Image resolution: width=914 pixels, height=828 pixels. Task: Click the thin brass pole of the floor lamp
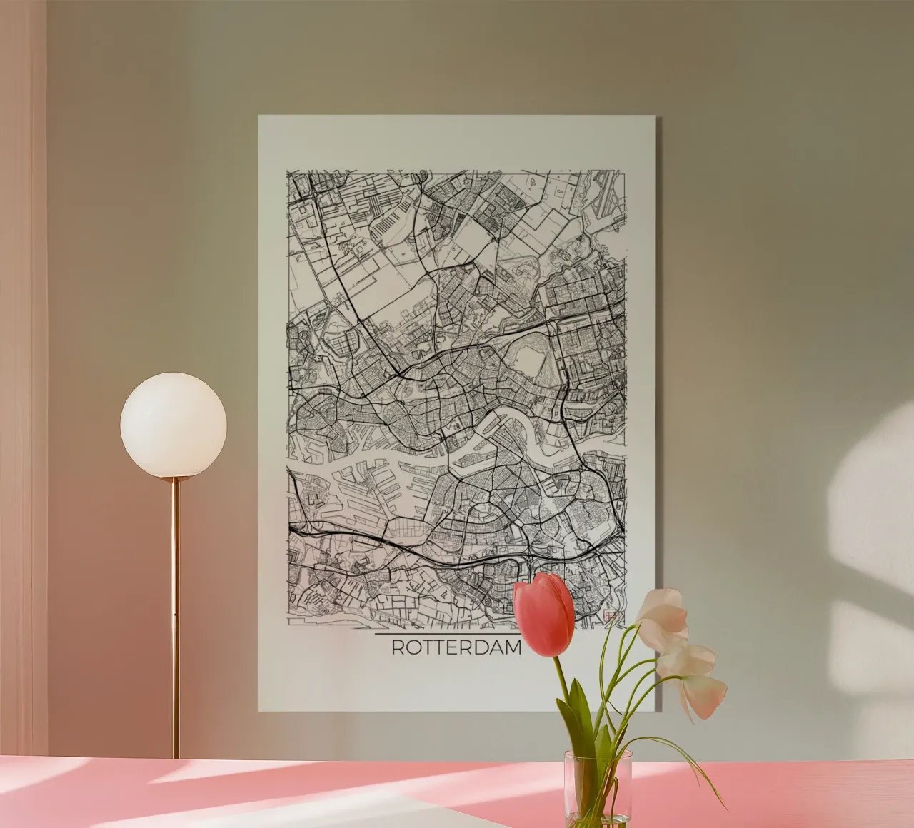[x=175, y=607]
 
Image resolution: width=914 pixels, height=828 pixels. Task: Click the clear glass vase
[x=598, y=785]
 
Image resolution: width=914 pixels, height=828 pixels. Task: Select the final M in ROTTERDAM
[x=513, y=648]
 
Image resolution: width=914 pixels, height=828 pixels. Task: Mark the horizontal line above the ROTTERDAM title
[x=446, y=633]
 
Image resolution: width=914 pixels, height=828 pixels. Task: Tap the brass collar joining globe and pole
[x=174, y=480]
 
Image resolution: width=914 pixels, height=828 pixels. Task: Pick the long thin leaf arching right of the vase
[x=685, y=757]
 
